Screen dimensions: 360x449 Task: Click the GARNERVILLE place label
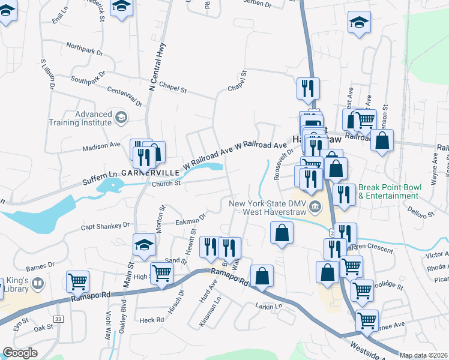[x=150, y=172]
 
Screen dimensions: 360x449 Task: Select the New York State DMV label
[x=268, y=208]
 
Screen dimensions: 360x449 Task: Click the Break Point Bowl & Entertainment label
[x=390, y=191]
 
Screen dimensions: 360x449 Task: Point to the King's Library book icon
[x=38, y=283]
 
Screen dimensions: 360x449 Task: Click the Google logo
[x=20, y=353]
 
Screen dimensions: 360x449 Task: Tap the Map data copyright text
[x=424, y=355]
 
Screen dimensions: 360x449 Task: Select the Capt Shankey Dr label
[x=105, y=226]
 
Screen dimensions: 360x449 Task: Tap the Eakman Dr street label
[x=191, y=220]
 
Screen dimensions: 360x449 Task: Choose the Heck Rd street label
[x=151, y=320]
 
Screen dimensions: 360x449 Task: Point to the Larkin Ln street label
[x=270, y=306]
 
